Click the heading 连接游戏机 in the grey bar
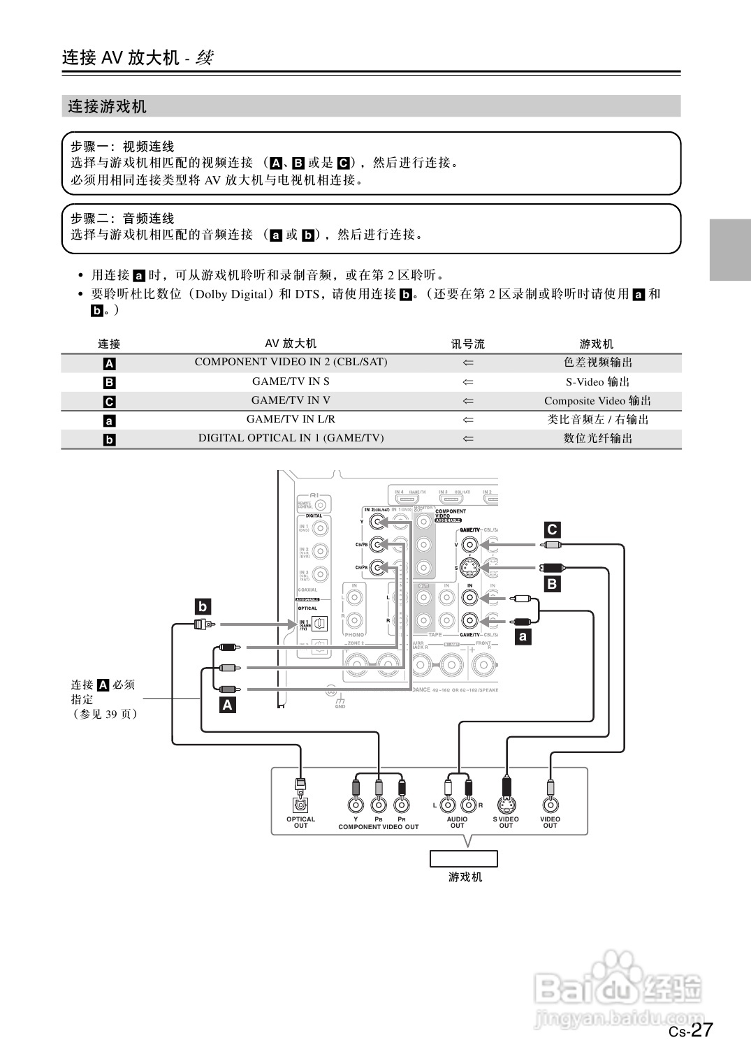pyautogui.click(x=107, y=107)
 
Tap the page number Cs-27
pyautogui.click(x=690, y=1030)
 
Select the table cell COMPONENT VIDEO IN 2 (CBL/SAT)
pyautogui.click(x=291, y=362)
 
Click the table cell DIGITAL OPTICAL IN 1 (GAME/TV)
pyautogui.click(x=291, y=438)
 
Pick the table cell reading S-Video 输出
pyautogui.click(x=597, y=381)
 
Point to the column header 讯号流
pyautogui.click(x=467, y=344)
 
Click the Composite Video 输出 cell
pyautogui.click(x=597, y=400)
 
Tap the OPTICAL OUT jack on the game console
pyautogui.click(x=300, y=805)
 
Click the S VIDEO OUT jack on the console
pyautogui.click(x=506, y=805)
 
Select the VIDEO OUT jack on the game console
pyautogui.click(x=551, y=805)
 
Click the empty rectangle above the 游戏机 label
pyautogui.click(x=463, y=858)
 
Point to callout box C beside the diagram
pyautogui.click(x=552, y=529)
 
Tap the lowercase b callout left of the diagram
pyautogui.click(x=203, y=606)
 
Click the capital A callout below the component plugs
pyautogui.click(x=227, y=705)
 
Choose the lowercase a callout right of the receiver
pyautogui.click(x=522, y=636)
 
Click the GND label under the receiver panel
pyautogui.click(x=340, y=706)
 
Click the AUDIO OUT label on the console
pyautogui.click(x=457, y=822)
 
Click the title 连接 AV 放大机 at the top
pyautogui.click(x=121, y=57)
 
